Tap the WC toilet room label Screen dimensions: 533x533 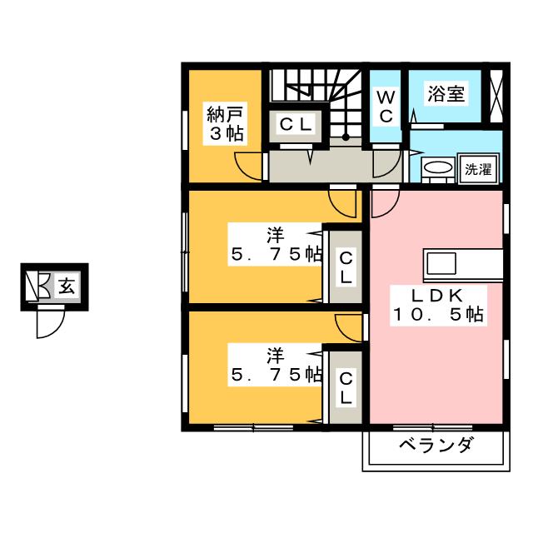(x=387, y=107)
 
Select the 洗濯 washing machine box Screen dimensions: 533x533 (x=477, y=169)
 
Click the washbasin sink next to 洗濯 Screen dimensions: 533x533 (x=436, y=169)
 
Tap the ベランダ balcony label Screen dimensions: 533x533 (x=434, y=445)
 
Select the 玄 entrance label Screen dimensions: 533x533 (x=66, y=287)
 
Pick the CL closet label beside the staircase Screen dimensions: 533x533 (x=296, y=125)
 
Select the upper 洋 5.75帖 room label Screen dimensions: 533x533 (x=276, y=245)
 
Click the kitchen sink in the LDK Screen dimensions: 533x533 (x=441, y=265)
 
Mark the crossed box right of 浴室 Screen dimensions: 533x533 (x=496, y=94)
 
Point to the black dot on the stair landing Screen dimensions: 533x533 (x=346, y=136)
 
